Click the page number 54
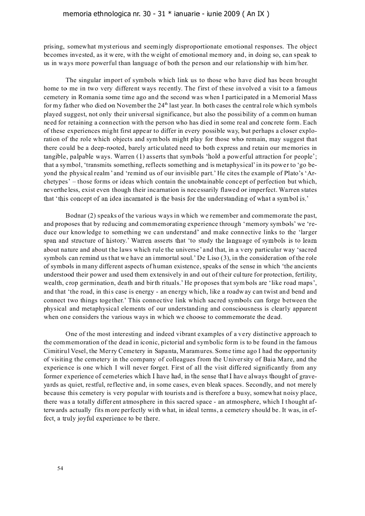pos(60,468)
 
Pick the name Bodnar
pos(75,216)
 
